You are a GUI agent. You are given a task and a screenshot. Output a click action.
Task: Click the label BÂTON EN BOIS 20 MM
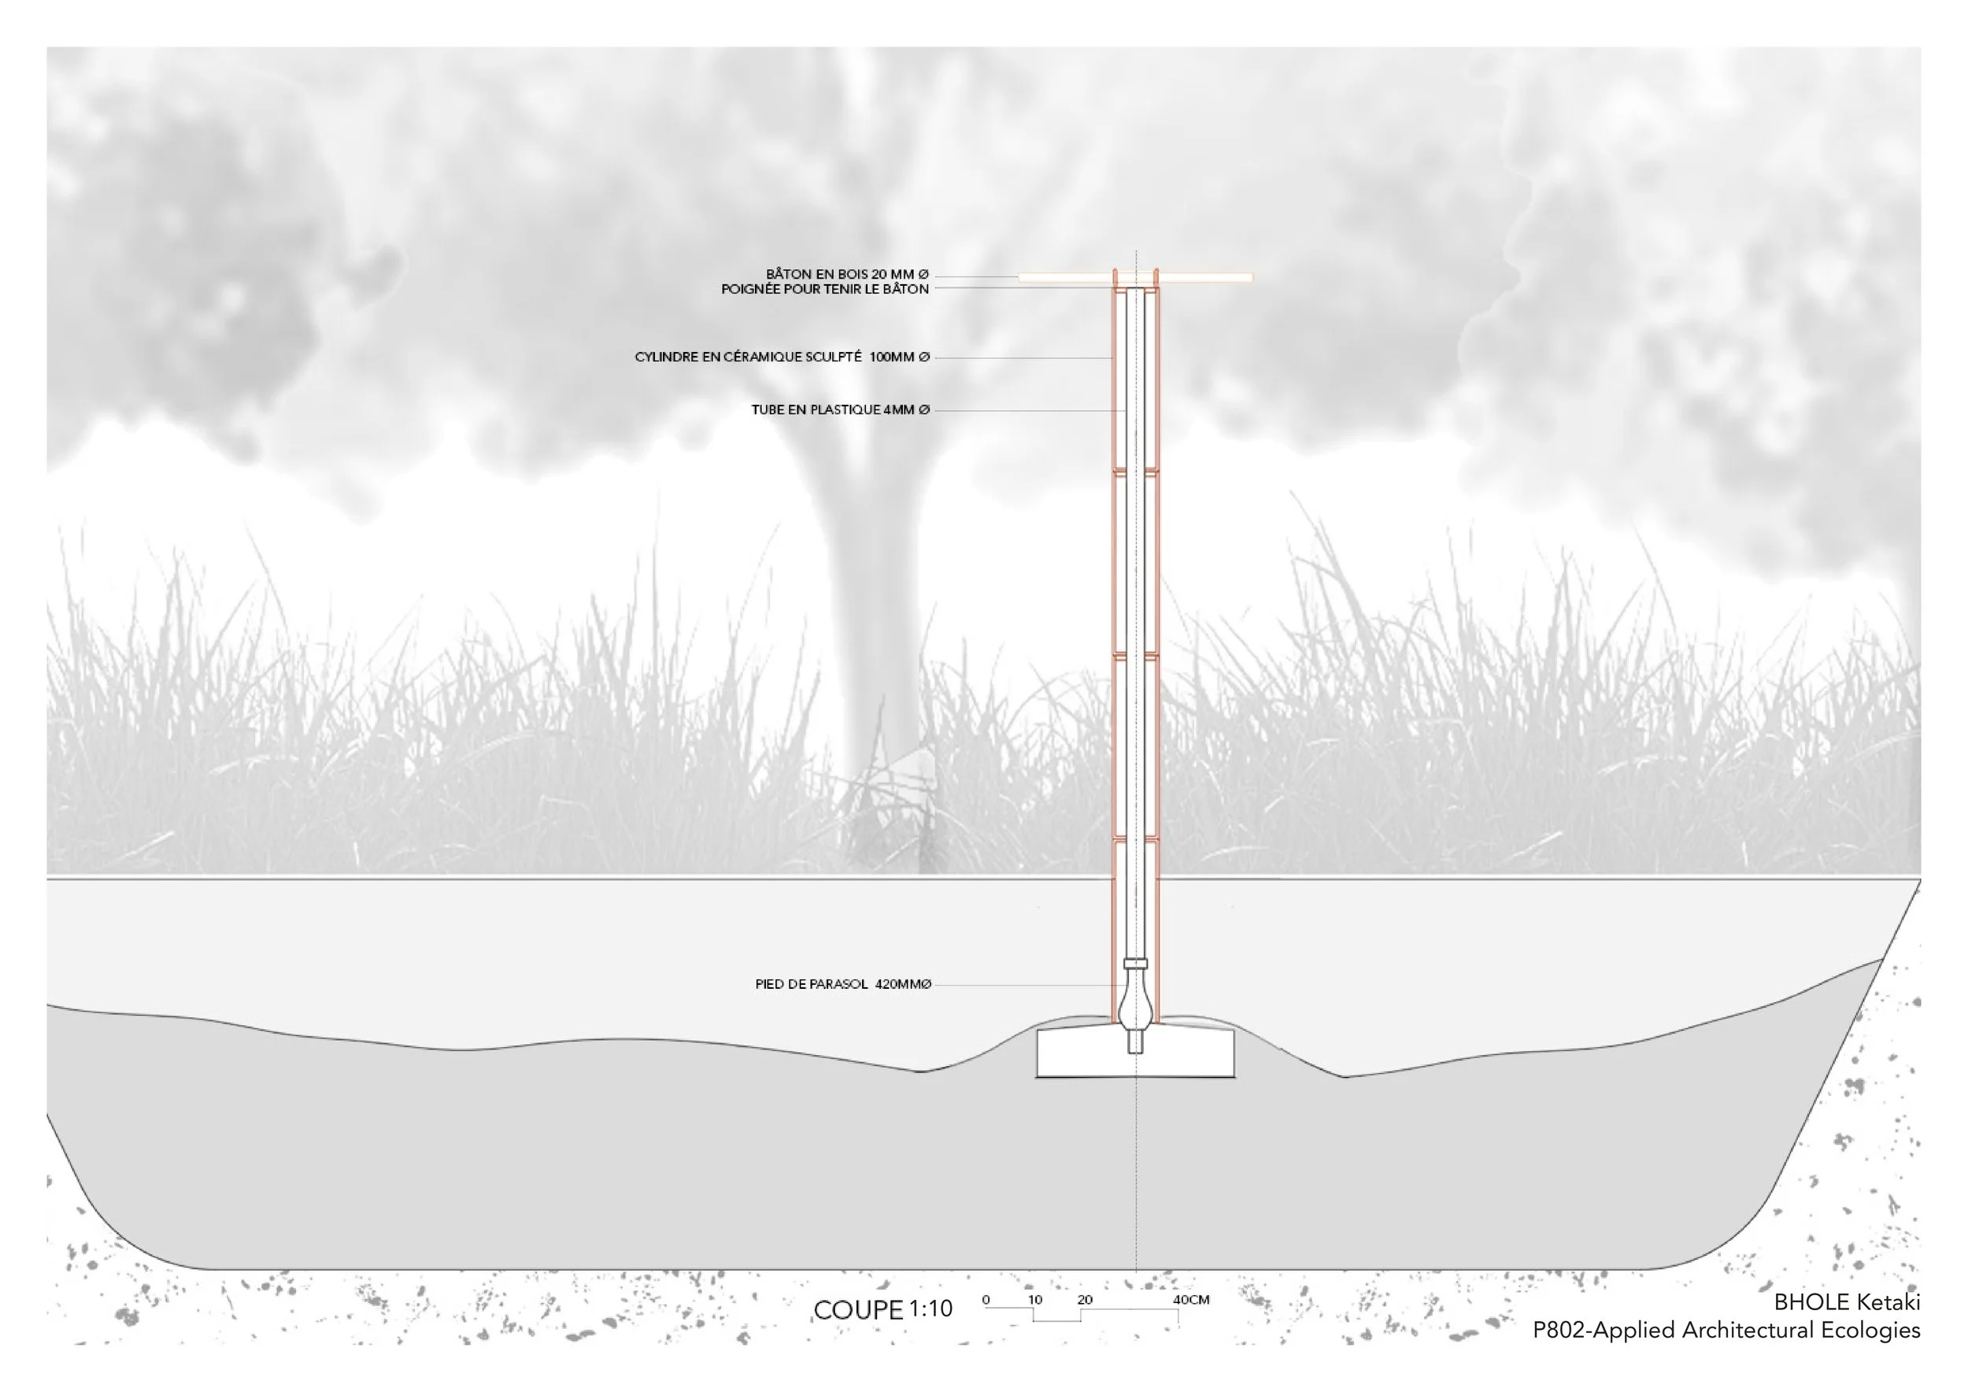click(x=846, y=274)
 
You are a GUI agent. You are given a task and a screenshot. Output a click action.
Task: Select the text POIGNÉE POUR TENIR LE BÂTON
click(x=824, y=290)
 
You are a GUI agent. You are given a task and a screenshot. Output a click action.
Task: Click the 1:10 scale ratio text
click(x=930, y=1309)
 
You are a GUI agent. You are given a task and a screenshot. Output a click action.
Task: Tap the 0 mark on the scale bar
click(x=986, y=1299)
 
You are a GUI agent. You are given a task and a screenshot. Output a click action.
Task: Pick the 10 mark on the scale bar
click(x=1035, y=1299)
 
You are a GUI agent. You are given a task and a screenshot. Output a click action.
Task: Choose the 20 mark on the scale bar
click(x=1085, y=1299)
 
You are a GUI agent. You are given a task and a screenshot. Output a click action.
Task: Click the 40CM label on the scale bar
click(x=1190, y=1299)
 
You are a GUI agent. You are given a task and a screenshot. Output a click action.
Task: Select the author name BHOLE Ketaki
click(x=1846, y=1302)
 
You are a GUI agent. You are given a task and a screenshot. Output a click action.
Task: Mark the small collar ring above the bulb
click(x=1136, y=964)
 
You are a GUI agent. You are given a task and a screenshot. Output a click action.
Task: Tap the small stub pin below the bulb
click(x=1136, y=1042)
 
